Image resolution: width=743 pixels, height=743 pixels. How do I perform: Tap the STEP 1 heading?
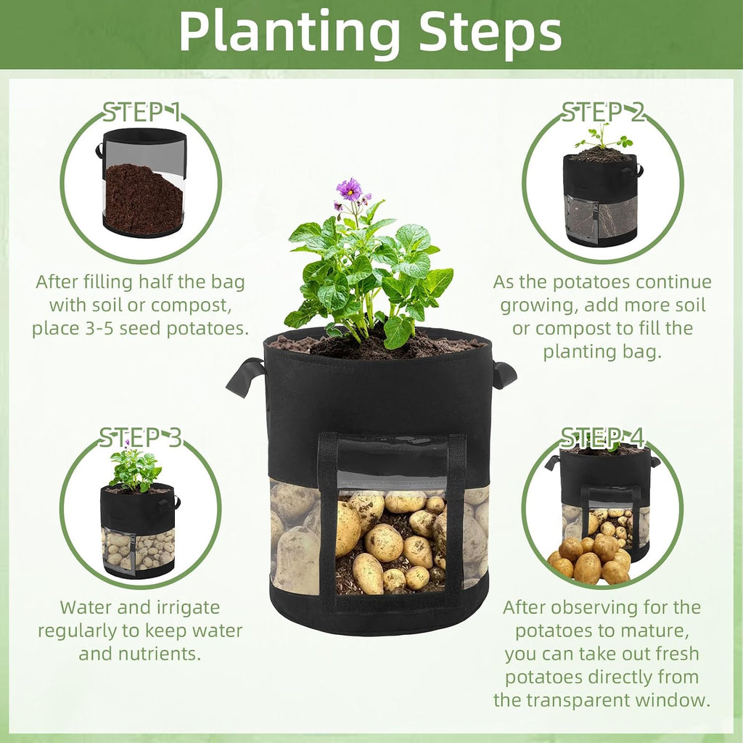pos(142,112)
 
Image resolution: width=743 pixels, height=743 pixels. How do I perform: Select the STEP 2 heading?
pos(603,112)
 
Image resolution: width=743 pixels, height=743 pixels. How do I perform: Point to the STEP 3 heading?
pos(140,438)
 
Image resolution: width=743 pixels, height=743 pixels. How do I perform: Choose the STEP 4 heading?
pos(603,438)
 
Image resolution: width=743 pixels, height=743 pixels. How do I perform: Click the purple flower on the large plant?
pos(349,189)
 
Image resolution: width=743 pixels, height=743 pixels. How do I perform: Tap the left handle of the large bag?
pos(245,377)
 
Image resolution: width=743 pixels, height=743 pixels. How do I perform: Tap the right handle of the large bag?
pos(504,375)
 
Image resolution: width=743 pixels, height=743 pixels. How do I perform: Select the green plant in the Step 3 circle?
pos(135,469)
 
